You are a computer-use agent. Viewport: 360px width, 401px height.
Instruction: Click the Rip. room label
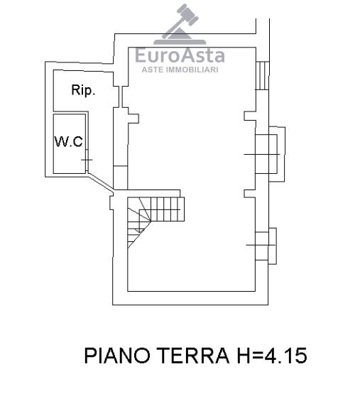pyautogui.click(x=83, y=90)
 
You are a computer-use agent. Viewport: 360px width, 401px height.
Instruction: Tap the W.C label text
pyautogui.click(x=69, y=141)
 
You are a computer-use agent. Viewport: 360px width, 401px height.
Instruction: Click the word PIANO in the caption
pyautogui.click(x=117, y=356)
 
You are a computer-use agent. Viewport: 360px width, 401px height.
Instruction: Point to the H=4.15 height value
pyautogui.click(x=272, y=356)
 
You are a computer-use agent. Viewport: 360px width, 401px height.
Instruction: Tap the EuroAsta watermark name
pyautogui.click(x=180, y=55)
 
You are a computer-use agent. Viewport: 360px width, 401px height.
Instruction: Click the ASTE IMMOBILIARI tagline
pyautogui.click(x=180, y=70)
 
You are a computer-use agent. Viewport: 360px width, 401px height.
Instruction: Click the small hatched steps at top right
pyautogui.click(x=262, y=75)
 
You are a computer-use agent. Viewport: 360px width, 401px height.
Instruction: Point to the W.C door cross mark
pyautogui.click(x=87, y=160)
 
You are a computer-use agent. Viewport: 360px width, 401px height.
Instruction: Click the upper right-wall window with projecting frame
pyautogui.click(x=271, y=154)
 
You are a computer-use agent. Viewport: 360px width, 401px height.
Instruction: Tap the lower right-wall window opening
pyautogui.click(x=266, y=246)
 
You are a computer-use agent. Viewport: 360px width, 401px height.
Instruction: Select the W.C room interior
pyautogui.click(x=69, y=143)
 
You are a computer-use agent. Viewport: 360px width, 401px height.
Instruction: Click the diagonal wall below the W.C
pyautogui.click(x=101, y=182)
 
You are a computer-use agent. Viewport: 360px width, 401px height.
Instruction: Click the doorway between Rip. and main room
pyautogui.click(x=121, y=97)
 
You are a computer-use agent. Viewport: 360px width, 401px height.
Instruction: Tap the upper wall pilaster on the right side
pyautogui.click(x=250, y=116)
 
